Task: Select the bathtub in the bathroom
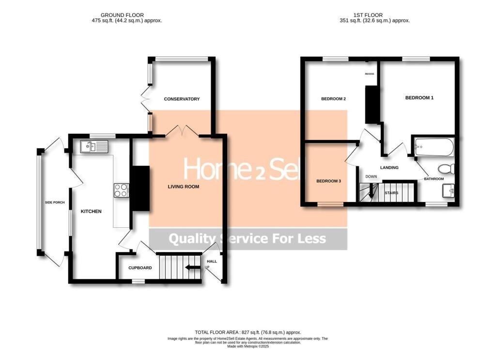pos(434,146)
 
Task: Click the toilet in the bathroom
pos(445,169)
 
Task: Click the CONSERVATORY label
pos(182,99)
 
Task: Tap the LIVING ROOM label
pos(184,187)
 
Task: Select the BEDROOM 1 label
pos(419,98)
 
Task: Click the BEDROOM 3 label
pos(328,181)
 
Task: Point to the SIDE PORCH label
pos(55,203)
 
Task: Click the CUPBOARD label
pos(140,268)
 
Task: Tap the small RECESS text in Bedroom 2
pos(370,74)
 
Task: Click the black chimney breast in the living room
pos(141,188)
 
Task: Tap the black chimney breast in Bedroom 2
pos(372,104)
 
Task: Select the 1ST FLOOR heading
pos(374,15)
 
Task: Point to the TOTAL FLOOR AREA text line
pos(248,332)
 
